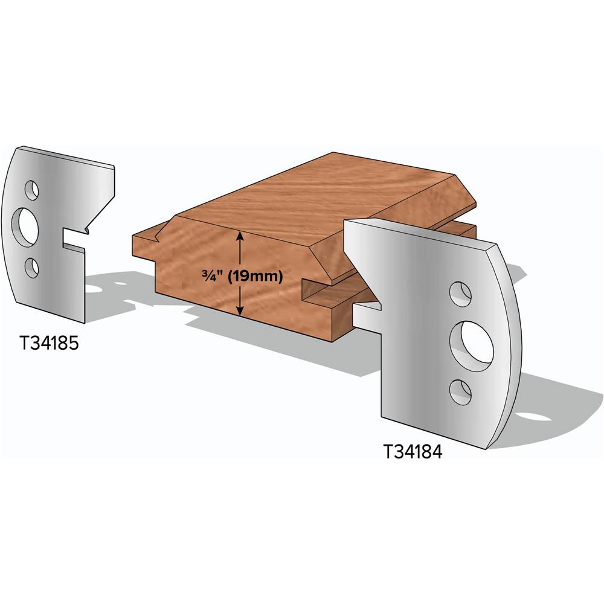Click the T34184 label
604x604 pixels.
413,451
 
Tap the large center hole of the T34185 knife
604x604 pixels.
27,227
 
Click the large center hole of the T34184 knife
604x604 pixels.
474,343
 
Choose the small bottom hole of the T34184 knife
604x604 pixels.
461,392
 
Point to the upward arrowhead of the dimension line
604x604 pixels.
240,236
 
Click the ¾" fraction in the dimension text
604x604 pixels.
211,277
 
